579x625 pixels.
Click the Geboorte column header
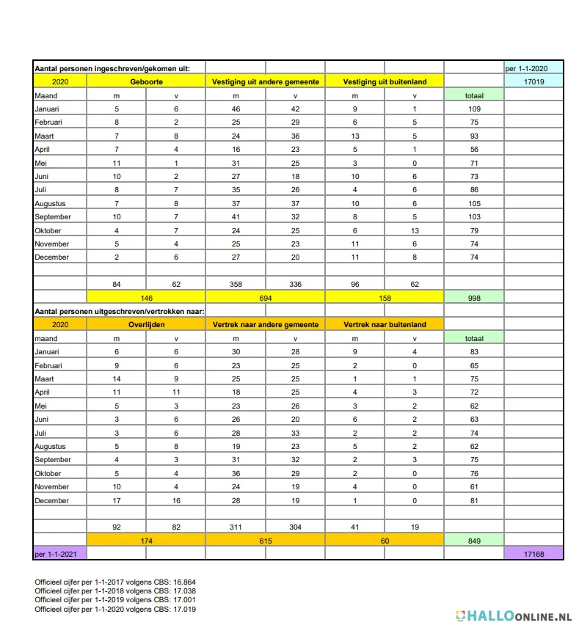point(146,81)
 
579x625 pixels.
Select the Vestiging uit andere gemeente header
point(266,81)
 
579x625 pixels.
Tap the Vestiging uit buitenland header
point(385,81)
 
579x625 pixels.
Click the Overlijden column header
point(146,324)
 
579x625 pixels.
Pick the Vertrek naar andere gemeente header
point(266,324)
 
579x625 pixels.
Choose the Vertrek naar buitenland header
point(385,324)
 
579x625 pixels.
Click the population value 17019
point(534,81)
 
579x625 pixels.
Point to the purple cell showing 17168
point(534,553)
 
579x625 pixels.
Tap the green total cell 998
point(474,298)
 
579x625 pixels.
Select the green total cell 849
point(474,540)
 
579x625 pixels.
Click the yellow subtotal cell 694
point(266,298)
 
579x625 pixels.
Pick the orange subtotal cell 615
point(266,540)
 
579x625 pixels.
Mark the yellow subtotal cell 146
point(146,298)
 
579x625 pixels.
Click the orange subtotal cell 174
point(146,540)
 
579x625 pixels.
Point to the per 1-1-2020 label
point(533,68)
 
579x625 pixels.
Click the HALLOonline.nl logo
point(514,615)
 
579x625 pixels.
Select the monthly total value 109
point(474,109)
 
